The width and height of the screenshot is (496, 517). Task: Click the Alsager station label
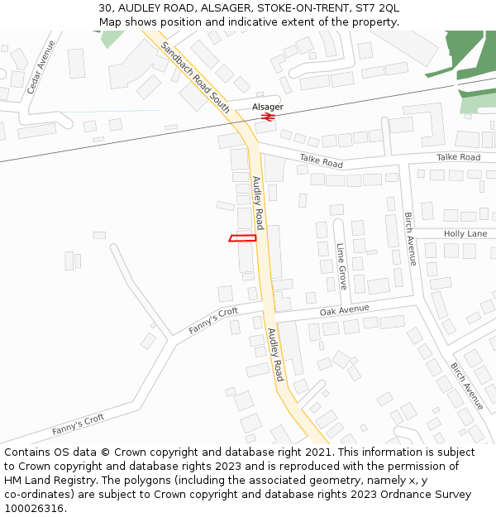tap(268, 107)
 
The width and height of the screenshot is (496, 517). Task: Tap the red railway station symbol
tap(268, 117)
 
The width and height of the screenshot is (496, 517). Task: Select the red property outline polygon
tap(242, 238)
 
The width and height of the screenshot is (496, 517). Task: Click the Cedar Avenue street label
tap(41, 66)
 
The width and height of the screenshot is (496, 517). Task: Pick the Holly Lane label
tap(465, 234)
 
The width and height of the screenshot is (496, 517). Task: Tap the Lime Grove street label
tap(341, 266)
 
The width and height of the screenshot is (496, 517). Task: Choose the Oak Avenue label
tap(344, 311)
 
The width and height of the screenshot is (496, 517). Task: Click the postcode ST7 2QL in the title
tap(378, 7)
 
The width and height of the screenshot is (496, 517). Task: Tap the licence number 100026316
tap(34, 509)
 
